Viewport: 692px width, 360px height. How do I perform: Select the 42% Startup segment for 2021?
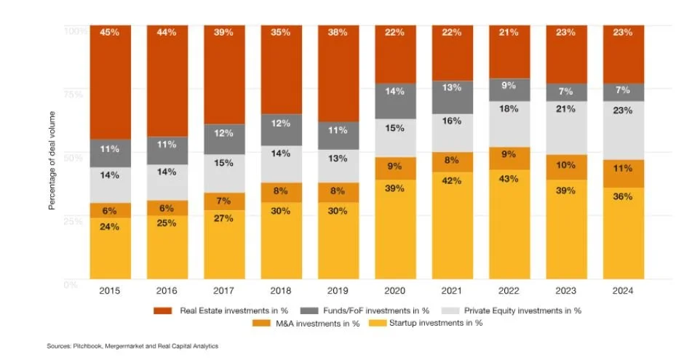pos(452,225)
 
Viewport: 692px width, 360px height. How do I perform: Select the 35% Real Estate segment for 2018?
pos(281,70)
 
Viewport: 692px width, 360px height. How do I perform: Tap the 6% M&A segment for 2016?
pos(167,207)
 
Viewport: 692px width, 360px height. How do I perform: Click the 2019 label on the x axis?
pos(338,291)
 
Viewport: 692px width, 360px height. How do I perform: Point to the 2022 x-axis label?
pos(509,291)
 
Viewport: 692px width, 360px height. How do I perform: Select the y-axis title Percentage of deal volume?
pos(53,156)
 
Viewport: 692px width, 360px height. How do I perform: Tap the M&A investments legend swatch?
pos(261,323)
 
